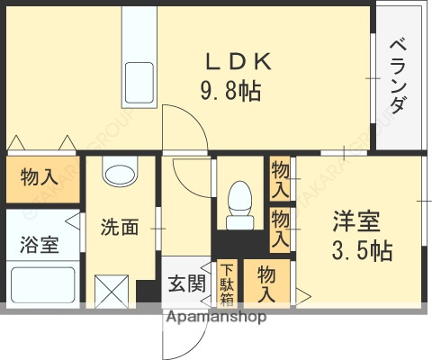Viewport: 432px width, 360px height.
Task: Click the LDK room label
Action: tap(238, 63)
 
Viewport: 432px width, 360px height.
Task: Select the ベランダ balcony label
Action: tap(397, 77)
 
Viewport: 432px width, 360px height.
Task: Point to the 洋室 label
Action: tap(356, 221)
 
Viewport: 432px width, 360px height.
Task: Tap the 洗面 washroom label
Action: tap(119, 227)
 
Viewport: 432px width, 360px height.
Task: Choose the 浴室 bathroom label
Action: tap(40, 244)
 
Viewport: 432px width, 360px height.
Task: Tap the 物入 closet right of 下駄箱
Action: tap(266, 283)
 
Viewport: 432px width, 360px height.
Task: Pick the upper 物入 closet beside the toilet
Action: tap(280, 179)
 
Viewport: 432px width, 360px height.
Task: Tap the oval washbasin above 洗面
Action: tap(118, 170)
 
